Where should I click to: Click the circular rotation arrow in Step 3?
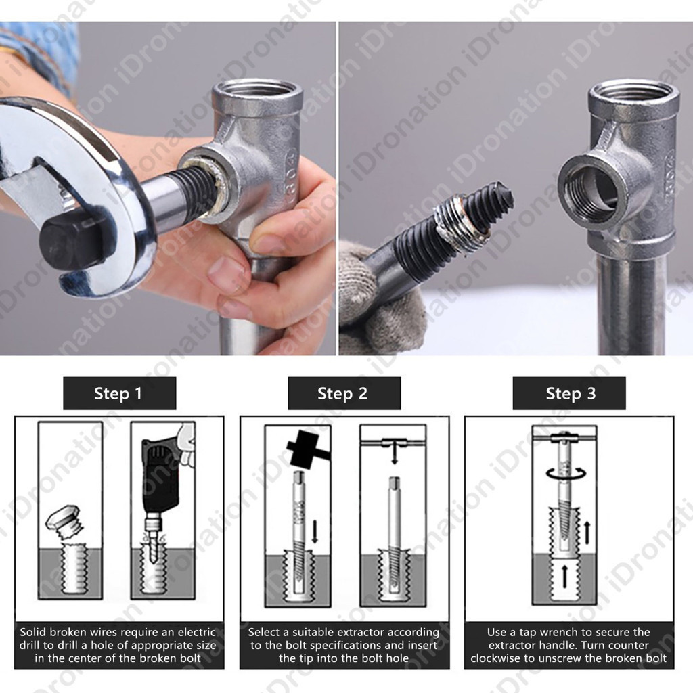pyautogui.click(x=566, y=474)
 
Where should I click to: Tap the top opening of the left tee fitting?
pyautogui.click(x=258, y=91)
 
